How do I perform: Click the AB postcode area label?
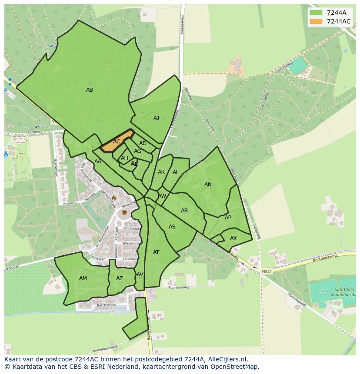90,90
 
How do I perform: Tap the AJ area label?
156,118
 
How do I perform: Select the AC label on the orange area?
117,142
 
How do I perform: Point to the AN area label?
208,185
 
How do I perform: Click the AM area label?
83,278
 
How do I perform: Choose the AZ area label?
120,278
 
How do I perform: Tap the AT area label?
156,252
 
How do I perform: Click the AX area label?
233,238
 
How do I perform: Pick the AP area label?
228,218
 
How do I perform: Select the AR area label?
184,211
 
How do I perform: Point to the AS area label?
172,227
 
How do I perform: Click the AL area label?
176,172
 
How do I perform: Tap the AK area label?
161,172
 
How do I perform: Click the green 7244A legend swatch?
316,13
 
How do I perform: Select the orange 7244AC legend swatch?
316,21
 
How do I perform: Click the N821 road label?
267,271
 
